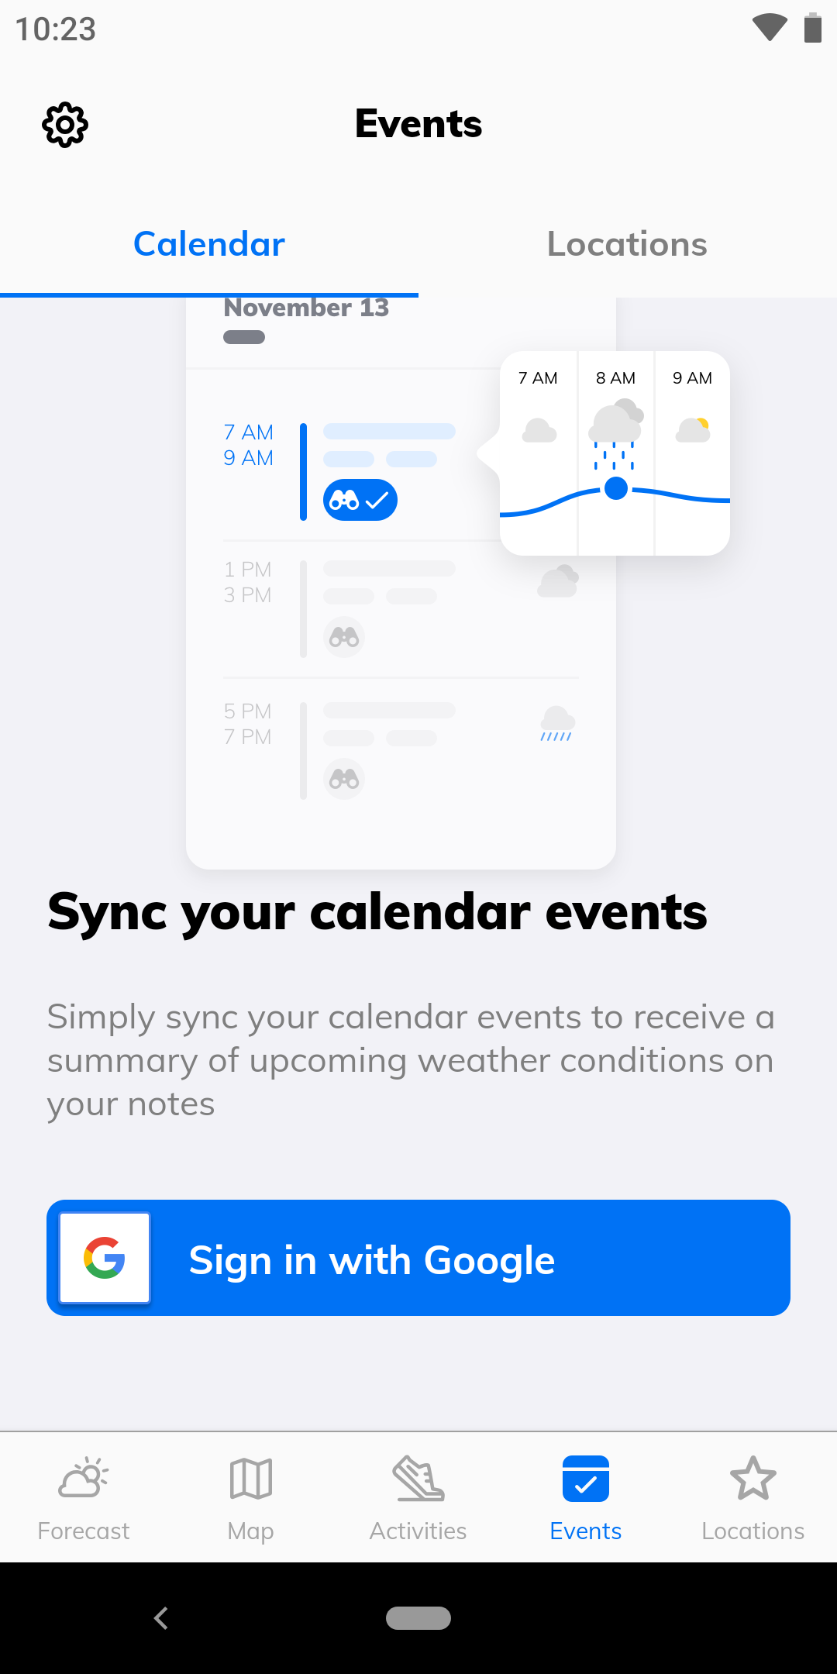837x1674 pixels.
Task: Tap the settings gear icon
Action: tap(65, 124)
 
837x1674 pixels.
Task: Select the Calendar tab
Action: tap(209, 244)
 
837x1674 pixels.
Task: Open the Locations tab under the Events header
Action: tap(627, 244)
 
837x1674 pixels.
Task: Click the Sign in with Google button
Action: tap(418, 1258)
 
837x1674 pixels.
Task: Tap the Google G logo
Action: tap(105, 1258)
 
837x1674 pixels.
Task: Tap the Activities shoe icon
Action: tap(418, 1479)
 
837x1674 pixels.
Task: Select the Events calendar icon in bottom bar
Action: tap(586, 1479)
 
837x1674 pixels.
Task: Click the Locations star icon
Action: tap(753, 1478)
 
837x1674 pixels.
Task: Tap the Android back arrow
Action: tap(161, 1618)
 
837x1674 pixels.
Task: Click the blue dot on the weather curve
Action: tap(616, 488)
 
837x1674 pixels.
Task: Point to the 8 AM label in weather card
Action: tap(615, 378)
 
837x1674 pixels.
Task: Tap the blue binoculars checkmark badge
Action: tap(360, 501)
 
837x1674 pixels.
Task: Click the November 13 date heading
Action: tap(306, 308)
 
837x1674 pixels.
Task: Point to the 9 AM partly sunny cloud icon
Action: tap(693, 430)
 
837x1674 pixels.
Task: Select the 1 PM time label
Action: tap(248, 570)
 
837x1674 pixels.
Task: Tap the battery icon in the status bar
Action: tap(812, 28)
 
